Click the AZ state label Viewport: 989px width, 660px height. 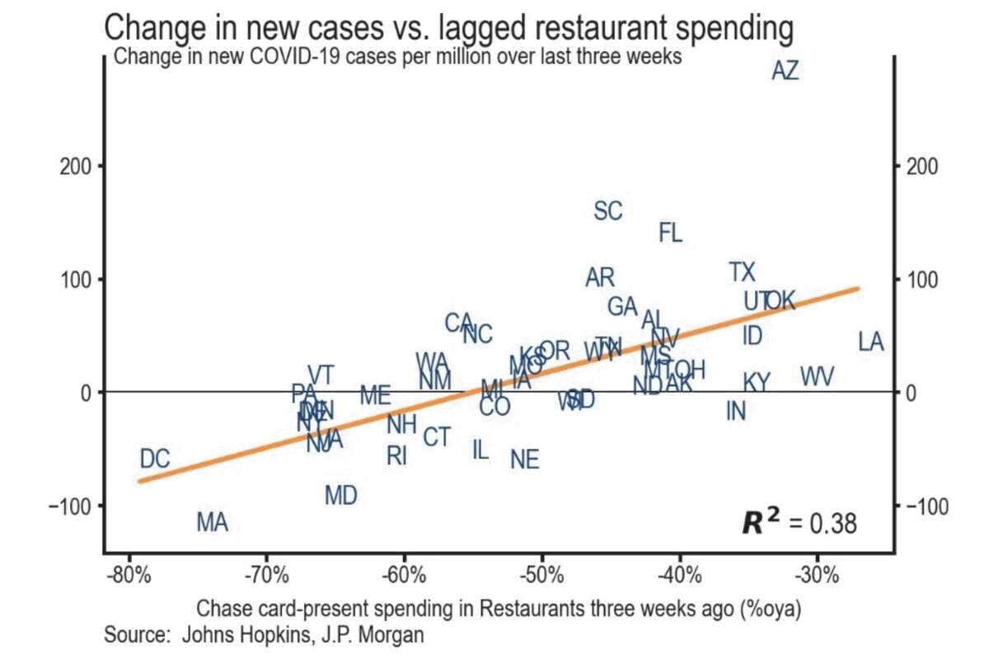(x=785, y=71)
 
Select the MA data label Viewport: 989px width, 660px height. (x=212, y=522)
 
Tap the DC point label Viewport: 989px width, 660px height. (x=154, y=460)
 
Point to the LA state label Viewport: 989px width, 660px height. (x=870, y=342)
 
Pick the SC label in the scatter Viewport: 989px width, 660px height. (x=608, y=211)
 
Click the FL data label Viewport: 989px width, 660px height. (x=671, y=233)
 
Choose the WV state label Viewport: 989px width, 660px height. (x=817, y=377)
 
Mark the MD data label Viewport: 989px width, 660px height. (x=340, y=496)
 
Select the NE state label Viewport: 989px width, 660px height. (x=524, y=460)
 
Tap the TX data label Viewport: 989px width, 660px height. (x=742, y=271)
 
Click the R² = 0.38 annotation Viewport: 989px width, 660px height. (x=799, y=523)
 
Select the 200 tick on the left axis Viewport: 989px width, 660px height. (x=76, y=166)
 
